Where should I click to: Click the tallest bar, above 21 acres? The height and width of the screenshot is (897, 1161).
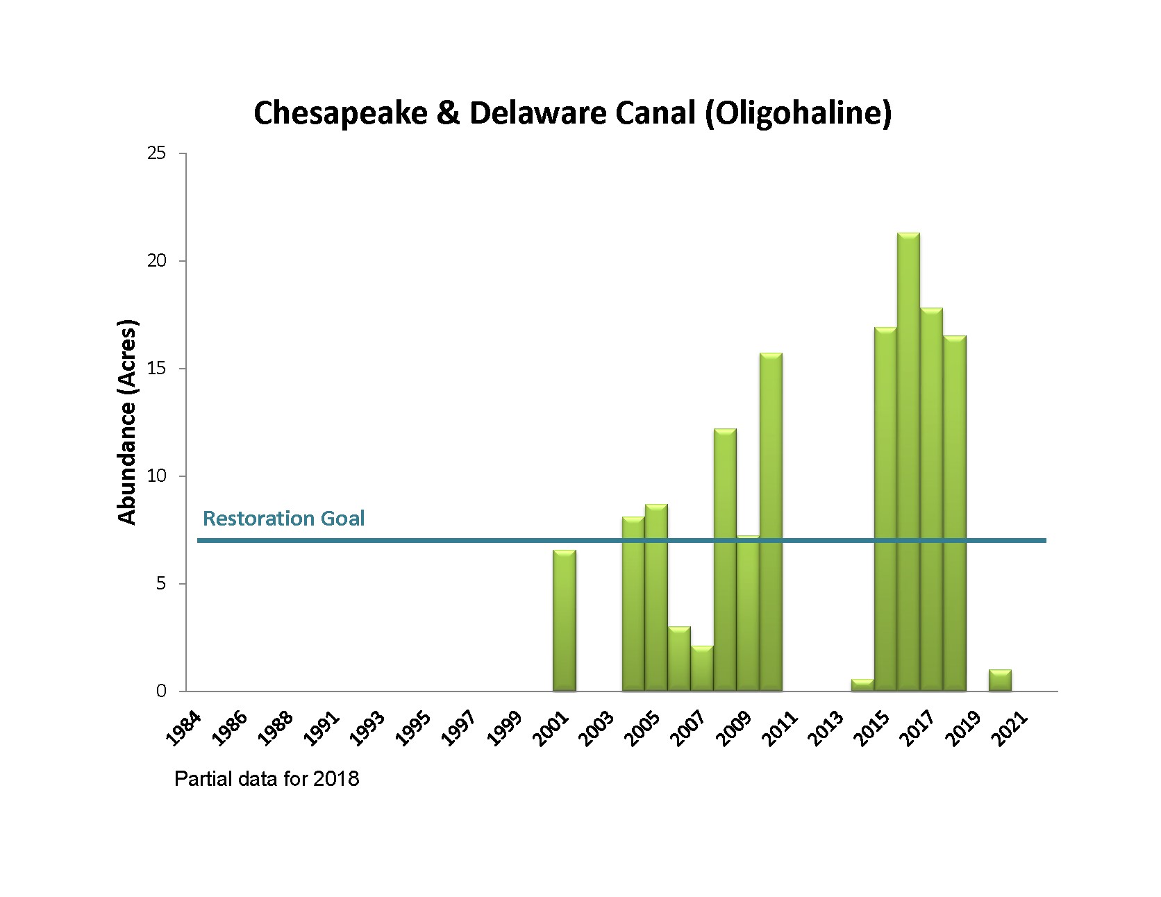click(x=908, y=462)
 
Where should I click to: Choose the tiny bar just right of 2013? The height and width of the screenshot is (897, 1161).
click(x=862, y=685)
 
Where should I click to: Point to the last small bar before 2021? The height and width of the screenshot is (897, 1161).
click(x=1000, y=680)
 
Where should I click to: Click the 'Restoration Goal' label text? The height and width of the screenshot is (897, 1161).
click(x=283, y=519)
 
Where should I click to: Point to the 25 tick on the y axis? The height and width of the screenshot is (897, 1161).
click(x=157, y=153)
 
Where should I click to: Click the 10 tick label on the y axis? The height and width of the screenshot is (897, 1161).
click(x=157, y=476)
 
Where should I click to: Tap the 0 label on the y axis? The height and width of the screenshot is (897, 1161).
click(x=161, y=691)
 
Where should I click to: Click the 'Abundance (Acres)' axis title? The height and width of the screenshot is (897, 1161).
click(x=128, y=421)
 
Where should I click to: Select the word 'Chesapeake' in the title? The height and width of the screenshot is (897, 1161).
click(x=340, y=113)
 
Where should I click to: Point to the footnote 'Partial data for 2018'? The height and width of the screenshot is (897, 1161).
click(x=267, y=779)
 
